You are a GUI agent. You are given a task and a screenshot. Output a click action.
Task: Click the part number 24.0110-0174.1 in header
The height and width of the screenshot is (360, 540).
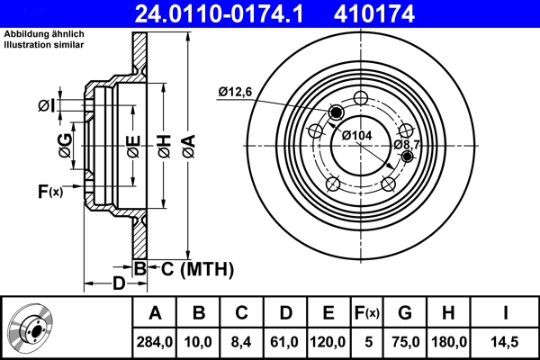[232, 13]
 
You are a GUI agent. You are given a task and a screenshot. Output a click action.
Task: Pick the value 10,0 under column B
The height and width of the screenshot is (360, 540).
[199, 342]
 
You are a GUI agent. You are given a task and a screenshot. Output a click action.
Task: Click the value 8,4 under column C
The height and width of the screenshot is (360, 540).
[241, 342]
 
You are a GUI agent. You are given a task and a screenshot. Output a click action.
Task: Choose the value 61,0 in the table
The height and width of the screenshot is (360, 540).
[284, 342]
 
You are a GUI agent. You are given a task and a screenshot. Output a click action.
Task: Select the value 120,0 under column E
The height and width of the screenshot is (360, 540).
[328, 342]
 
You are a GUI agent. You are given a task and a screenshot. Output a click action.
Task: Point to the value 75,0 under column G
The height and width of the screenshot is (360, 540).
[406, 342]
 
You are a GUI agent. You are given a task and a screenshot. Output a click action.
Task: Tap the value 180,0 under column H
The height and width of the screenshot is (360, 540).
[450, 342]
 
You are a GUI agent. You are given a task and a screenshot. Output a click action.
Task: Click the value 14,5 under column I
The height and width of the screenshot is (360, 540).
[505, 342]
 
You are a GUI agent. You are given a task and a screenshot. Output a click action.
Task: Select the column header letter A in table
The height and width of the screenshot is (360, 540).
[155, 313]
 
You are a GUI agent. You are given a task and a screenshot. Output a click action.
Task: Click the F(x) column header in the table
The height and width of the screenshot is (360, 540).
[367, 313]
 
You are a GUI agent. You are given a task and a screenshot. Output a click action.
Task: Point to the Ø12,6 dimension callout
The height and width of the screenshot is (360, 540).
[237, 90]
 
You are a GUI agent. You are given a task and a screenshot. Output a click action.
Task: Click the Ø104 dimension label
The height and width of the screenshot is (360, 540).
[356, 135]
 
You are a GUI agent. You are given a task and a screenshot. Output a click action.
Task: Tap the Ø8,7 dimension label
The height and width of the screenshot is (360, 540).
[408, 144]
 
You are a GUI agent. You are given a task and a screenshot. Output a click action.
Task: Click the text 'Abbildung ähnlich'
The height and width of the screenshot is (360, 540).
[43, 33]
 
